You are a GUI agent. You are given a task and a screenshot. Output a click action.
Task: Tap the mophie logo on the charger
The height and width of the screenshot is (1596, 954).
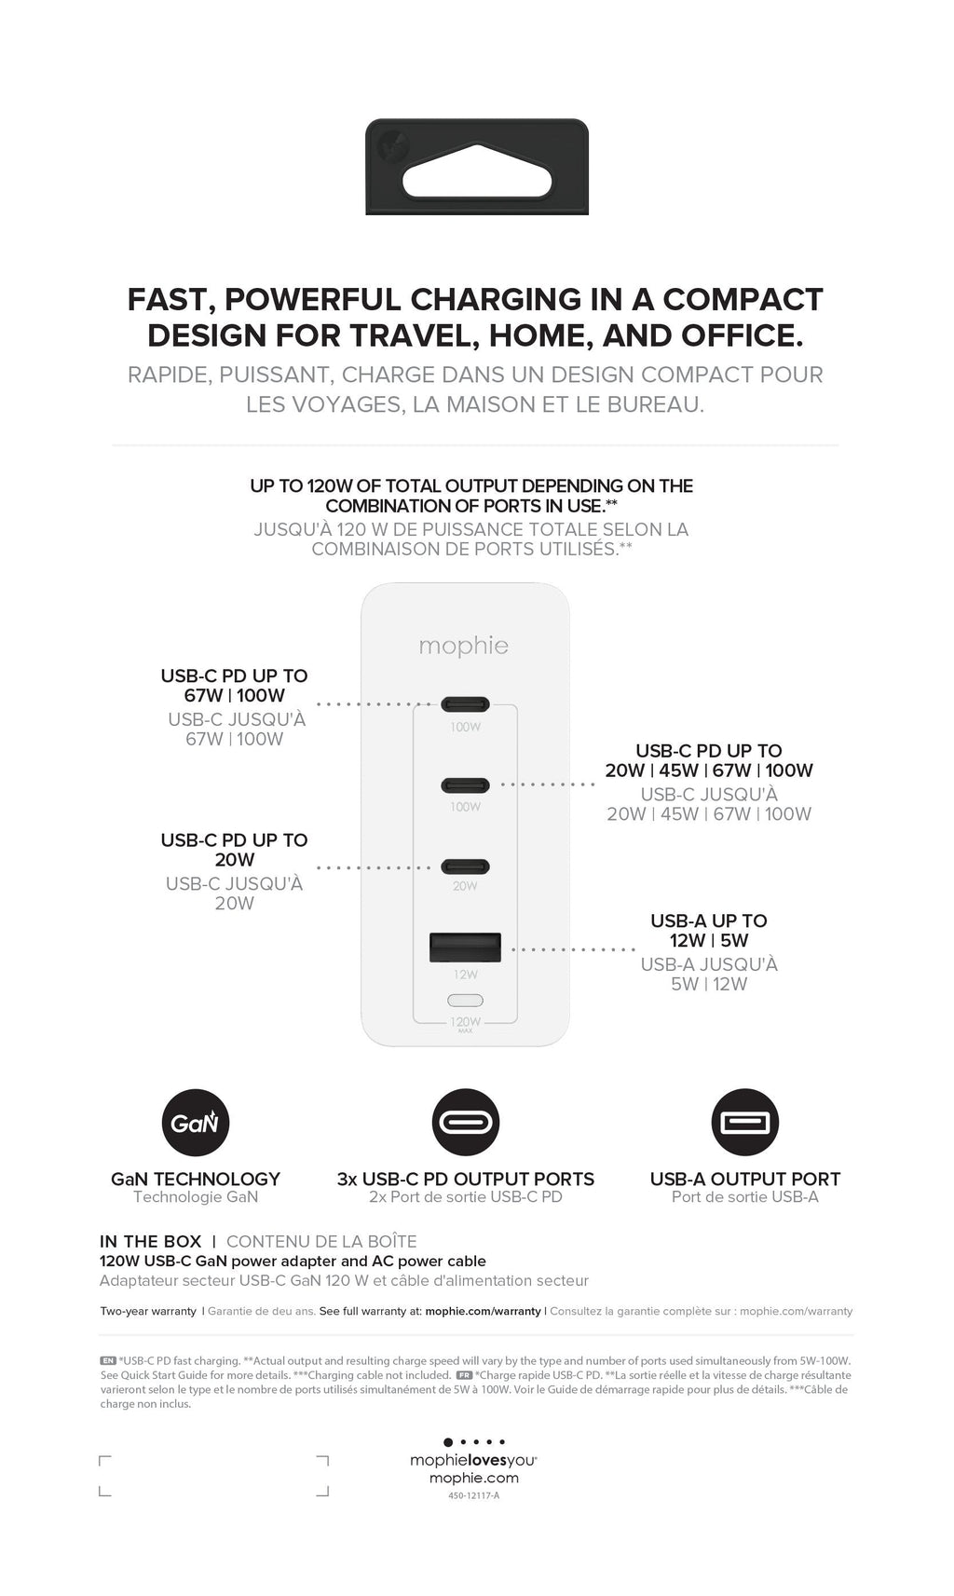tap(464, 646)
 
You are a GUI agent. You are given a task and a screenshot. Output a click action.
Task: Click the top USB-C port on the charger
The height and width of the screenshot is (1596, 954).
tap(465, 704)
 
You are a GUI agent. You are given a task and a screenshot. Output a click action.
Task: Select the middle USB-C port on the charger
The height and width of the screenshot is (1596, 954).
tap(465, 785)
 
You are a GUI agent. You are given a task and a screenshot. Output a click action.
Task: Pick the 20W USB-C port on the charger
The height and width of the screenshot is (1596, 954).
tap(465, 866)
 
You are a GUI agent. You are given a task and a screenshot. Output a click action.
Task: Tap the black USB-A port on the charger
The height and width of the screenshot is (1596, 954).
tap(465, 947)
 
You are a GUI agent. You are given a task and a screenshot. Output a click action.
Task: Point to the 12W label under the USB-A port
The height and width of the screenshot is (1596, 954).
tap(466, 975)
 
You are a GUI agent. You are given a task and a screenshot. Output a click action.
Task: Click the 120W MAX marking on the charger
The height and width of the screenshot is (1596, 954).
tap(466, 1023)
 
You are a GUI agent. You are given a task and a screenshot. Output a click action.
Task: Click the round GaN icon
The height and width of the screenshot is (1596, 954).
tap(196, 1123)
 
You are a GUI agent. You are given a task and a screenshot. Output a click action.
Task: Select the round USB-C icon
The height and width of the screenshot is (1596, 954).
tap(466, 1123)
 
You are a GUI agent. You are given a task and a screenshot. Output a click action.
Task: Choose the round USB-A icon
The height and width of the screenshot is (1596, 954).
tap(744, 1123)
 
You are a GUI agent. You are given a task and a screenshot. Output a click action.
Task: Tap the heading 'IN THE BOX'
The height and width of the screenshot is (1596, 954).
tap(150, 1241)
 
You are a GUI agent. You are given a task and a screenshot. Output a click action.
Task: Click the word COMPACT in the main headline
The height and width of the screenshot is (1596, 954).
tap(743, 299)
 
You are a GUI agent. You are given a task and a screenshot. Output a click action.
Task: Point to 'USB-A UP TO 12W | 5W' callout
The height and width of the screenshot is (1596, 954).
tap(709, 931)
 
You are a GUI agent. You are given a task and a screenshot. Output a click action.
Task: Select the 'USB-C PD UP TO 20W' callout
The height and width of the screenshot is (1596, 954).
tap(234, 850)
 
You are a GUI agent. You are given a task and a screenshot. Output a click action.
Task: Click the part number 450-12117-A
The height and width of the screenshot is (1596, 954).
tap(473, 1496)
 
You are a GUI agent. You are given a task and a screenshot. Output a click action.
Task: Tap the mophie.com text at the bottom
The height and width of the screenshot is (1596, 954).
tap(473, 1478)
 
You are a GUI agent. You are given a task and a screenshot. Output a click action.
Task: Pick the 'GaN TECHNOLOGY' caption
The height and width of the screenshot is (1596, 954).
tap(196, 1179)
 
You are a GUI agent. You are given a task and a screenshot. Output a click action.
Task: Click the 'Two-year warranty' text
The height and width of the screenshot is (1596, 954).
tap(148, 1311)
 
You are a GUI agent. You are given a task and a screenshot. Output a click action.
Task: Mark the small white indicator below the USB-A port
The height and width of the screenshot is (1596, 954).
tap(466, 1001)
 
